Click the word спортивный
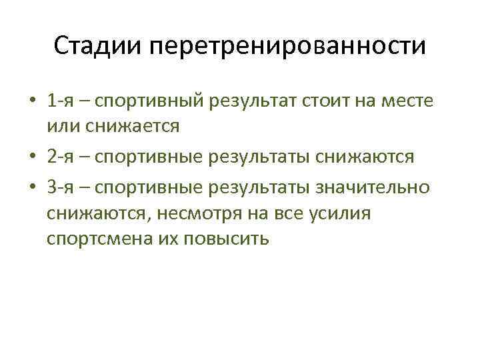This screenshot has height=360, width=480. (x=151, y=102)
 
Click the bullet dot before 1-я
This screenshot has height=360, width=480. (x=33, y=102)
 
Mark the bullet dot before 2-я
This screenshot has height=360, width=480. (x=33, y=157)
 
